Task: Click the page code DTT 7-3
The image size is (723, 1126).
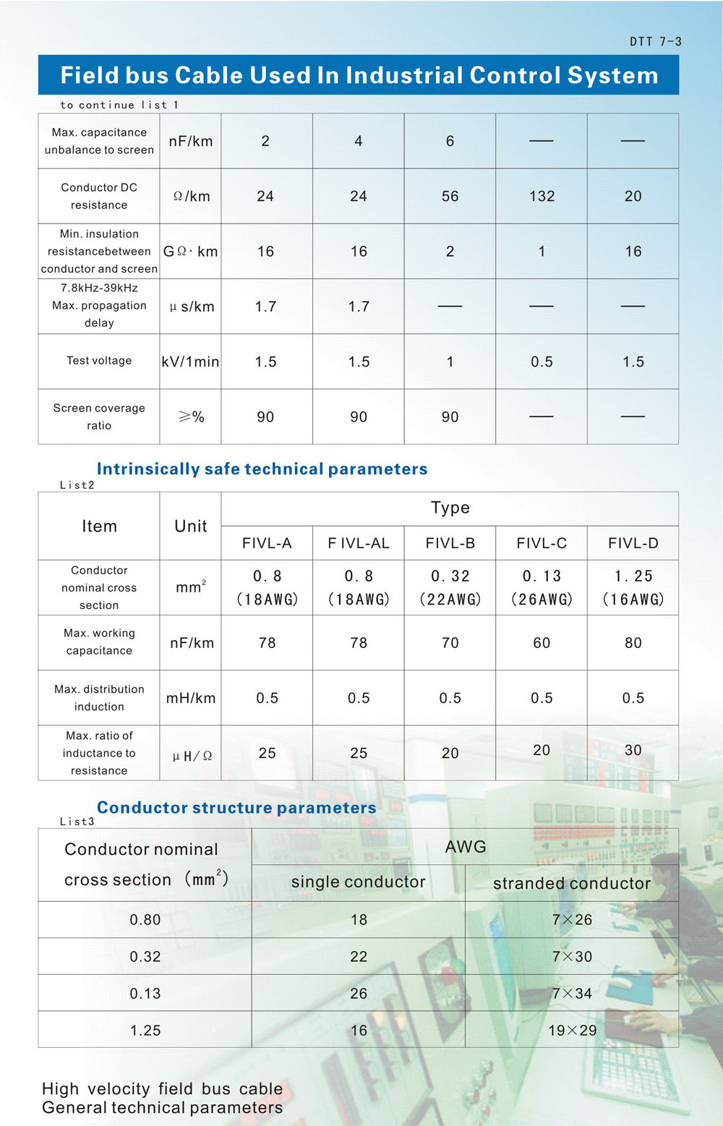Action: tap(655, 42)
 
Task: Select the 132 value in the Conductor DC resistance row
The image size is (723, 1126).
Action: tap(542, 196)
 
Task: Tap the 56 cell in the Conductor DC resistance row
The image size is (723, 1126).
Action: tap(450, 196)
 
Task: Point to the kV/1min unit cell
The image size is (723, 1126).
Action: tap(190, 362)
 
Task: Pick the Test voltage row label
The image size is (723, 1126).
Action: tap(99, 361)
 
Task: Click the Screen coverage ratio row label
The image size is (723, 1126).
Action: tap(99, 417)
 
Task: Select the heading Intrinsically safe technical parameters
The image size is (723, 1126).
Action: tap(262, 469)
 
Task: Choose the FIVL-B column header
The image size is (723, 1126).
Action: tap(450, 543)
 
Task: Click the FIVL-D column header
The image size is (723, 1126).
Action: tap(633, 543)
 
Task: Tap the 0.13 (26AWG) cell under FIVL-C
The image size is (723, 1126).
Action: tap(542, 587)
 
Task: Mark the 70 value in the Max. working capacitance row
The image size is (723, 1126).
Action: tap(450, 643)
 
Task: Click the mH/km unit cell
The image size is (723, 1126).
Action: tap(191, 698)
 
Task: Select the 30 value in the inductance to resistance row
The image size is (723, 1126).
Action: tap(633, 751)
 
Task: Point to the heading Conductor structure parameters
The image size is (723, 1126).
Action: tap(236, 807)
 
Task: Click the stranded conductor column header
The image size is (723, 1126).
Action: tap(571, 883)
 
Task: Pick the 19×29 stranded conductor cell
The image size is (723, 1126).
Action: tap(572, 1031)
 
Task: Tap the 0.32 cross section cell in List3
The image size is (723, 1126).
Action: tap(145, 957)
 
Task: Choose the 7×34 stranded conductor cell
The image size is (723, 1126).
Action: tap(572, 994)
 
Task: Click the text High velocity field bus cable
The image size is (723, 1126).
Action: tap(162, 1088)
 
